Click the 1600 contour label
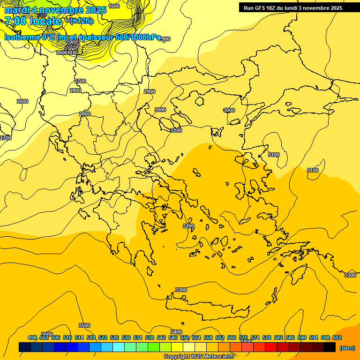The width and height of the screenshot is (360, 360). (113, 6)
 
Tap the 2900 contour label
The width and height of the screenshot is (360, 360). (150, 91)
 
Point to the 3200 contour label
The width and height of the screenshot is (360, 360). (188, 226)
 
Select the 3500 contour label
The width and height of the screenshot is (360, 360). (84, 325)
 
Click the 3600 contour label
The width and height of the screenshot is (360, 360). (47, 334)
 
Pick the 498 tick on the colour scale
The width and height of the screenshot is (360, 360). (32, 337)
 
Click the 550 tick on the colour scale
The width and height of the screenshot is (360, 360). (185, 337)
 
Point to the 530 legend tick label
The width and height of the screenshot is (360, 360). (126, 337)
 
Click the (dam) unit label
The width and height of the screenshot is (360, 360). (347, 348)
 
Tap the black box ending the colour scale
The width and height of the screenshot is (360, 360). (330, 347)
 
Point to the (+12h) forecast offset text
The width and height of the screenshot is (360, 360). (82, 21)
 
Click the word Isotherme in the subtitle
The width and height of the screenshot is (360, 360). (22, 37)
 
